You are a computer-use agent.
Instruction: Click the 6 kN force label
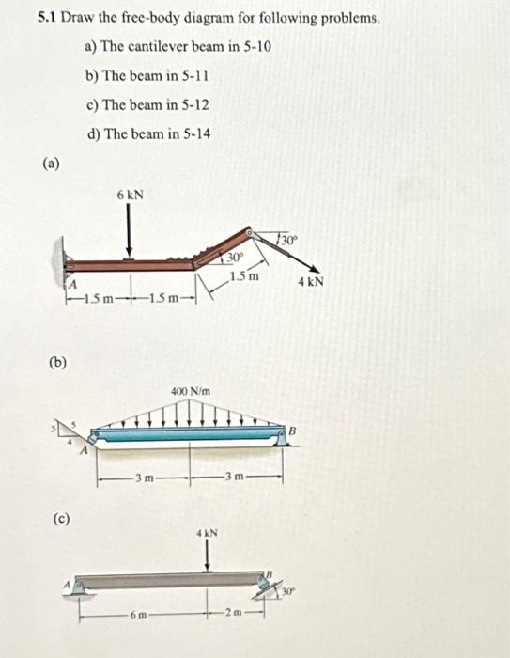(130, 196)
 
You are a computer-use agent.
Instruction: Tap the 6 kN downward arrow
(129, 232)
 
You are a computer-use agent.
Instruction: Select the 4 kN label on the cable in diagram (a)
(311, 282)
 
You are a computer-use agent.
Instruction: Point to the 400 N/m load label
(191, 392)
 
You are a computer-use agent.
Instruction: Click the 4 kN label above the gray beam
(208, 533)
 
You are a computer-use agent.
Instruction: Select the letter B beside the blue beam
(293, 431)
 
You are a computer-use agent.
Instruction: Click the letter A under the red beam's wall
(72, 285)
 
